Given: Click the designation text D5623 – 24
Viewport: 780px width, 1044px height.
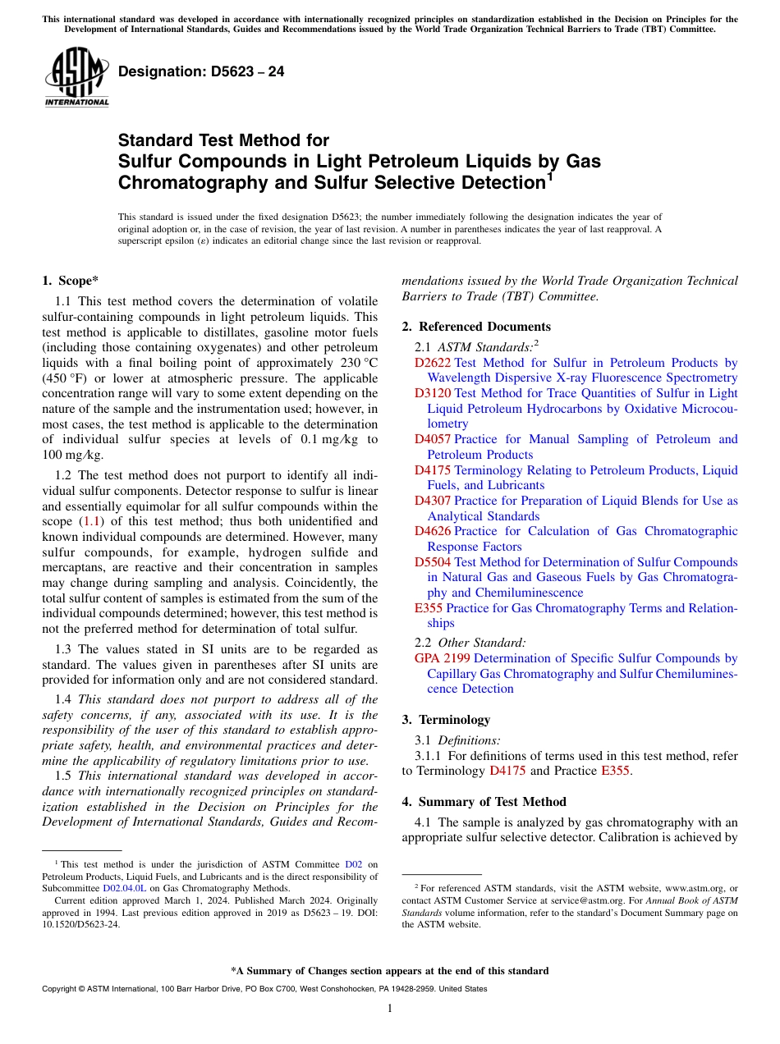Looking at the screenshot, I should click(201, 71).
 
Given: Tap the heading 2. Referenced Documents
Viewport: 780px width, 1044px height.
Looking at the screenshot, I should click(476, 327).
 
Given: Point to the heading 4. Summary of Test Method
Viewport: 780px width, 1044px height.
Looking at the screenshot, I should click(484, 802).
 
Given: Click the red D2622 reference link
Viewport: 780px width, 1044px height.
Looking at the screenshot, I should click(432, 363).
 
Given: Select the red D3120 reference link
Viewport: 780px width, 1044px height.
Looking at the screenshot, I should click(432, 393).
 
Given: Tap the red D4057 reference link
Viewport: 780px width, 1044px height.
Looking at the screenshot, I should click(432, 439).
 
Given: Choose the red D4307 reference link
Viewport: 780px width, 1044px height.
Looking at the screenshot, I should click(432, 501).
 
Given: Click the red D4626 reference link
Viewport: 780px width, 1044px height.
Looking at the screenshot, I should click(432, 531).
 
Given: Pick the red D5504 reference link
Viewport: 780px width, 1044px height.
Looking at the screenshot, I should click(432, 562).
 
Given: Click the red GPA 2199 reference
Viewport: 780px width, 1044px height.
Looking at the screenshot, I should click(442, 658).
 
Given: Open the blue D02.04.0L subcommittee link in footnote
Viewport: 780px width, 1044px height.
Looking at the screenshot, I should click(125, 887).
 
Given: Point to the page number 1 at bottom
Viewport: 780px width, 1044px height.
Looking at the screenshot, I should click(390, 1009).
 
